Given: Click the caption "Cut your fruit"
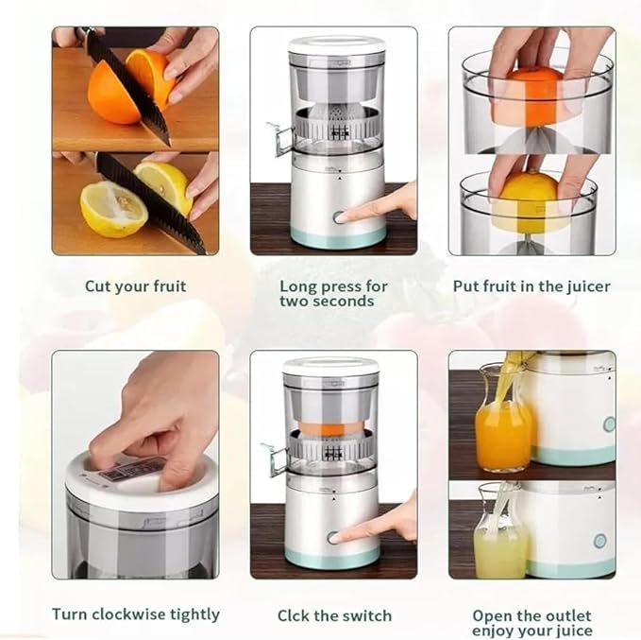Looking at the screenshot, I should (135, 285).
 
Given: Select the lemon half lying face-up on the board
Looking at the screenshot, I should (112, 210).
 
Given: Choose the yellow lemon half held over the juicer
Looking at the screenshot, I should (534, 200).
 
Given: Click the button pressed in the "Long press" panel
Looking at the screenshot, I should (339, 216).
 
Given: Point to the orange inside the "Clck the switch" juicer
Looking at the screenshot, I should (331, 427).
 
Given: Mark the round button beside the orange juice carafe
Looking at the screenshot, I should (609, 424).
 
